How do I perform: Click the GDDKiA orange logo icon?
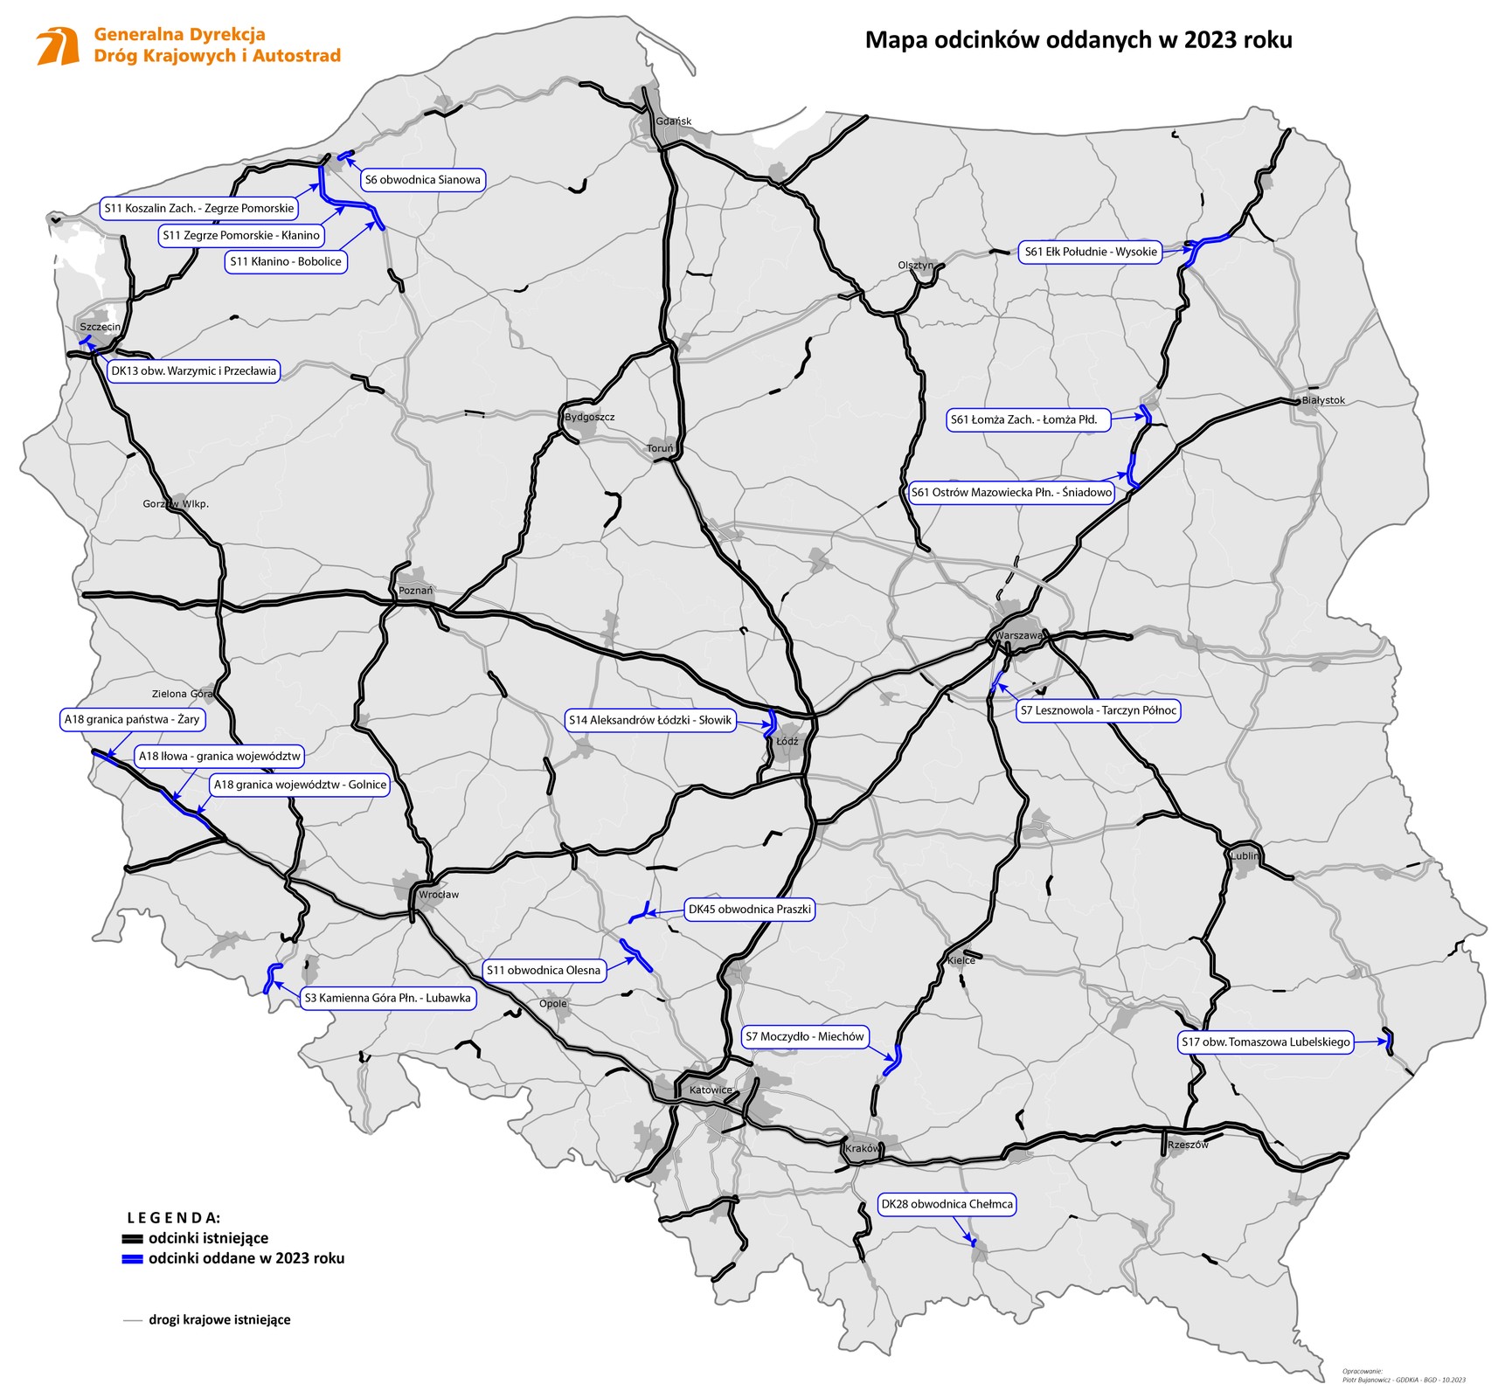pos(58,46)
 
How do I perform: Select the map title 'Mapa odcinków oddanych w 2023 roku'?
pos(1078,40)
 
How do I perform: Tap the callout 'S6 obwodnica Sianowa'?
pos(422,180)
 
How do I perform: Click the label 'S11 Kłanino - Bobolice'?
pos(286,261)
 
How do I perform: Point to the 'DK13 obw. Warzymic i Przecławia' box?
pos(193,370)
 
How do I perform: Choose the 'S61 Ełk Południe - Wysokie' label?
pos(1091,252)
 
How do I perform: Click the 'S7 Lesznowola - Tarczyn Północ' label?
pos(1099,710)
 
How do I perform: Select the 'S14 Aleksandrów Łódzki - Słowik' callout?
pos(649,720)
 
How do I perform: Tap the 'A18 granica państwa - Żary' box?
pos(132,719)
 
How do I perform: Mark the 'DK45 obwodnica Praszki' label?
pos(750,909)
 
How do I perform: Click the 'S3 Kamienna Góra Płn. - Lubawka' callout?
pos(387,998)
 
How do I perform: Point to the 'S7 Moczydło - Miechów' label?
pos(805,1036)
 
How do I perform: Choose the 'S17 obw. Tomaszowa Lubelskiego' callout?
pos(1266,1042)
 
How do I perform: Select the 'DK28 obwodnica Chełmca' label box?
pos(947,1204)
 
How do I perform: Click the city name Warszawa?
pos(1018,635)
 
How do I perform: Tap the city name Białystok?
pos(1323,400)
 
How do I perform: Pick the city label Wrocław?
pos(438,895)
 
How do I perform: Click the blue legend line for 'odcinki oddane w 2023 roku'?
pos(132,1259)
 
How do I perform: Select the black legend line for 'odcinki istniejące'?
pos(132,1239)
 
